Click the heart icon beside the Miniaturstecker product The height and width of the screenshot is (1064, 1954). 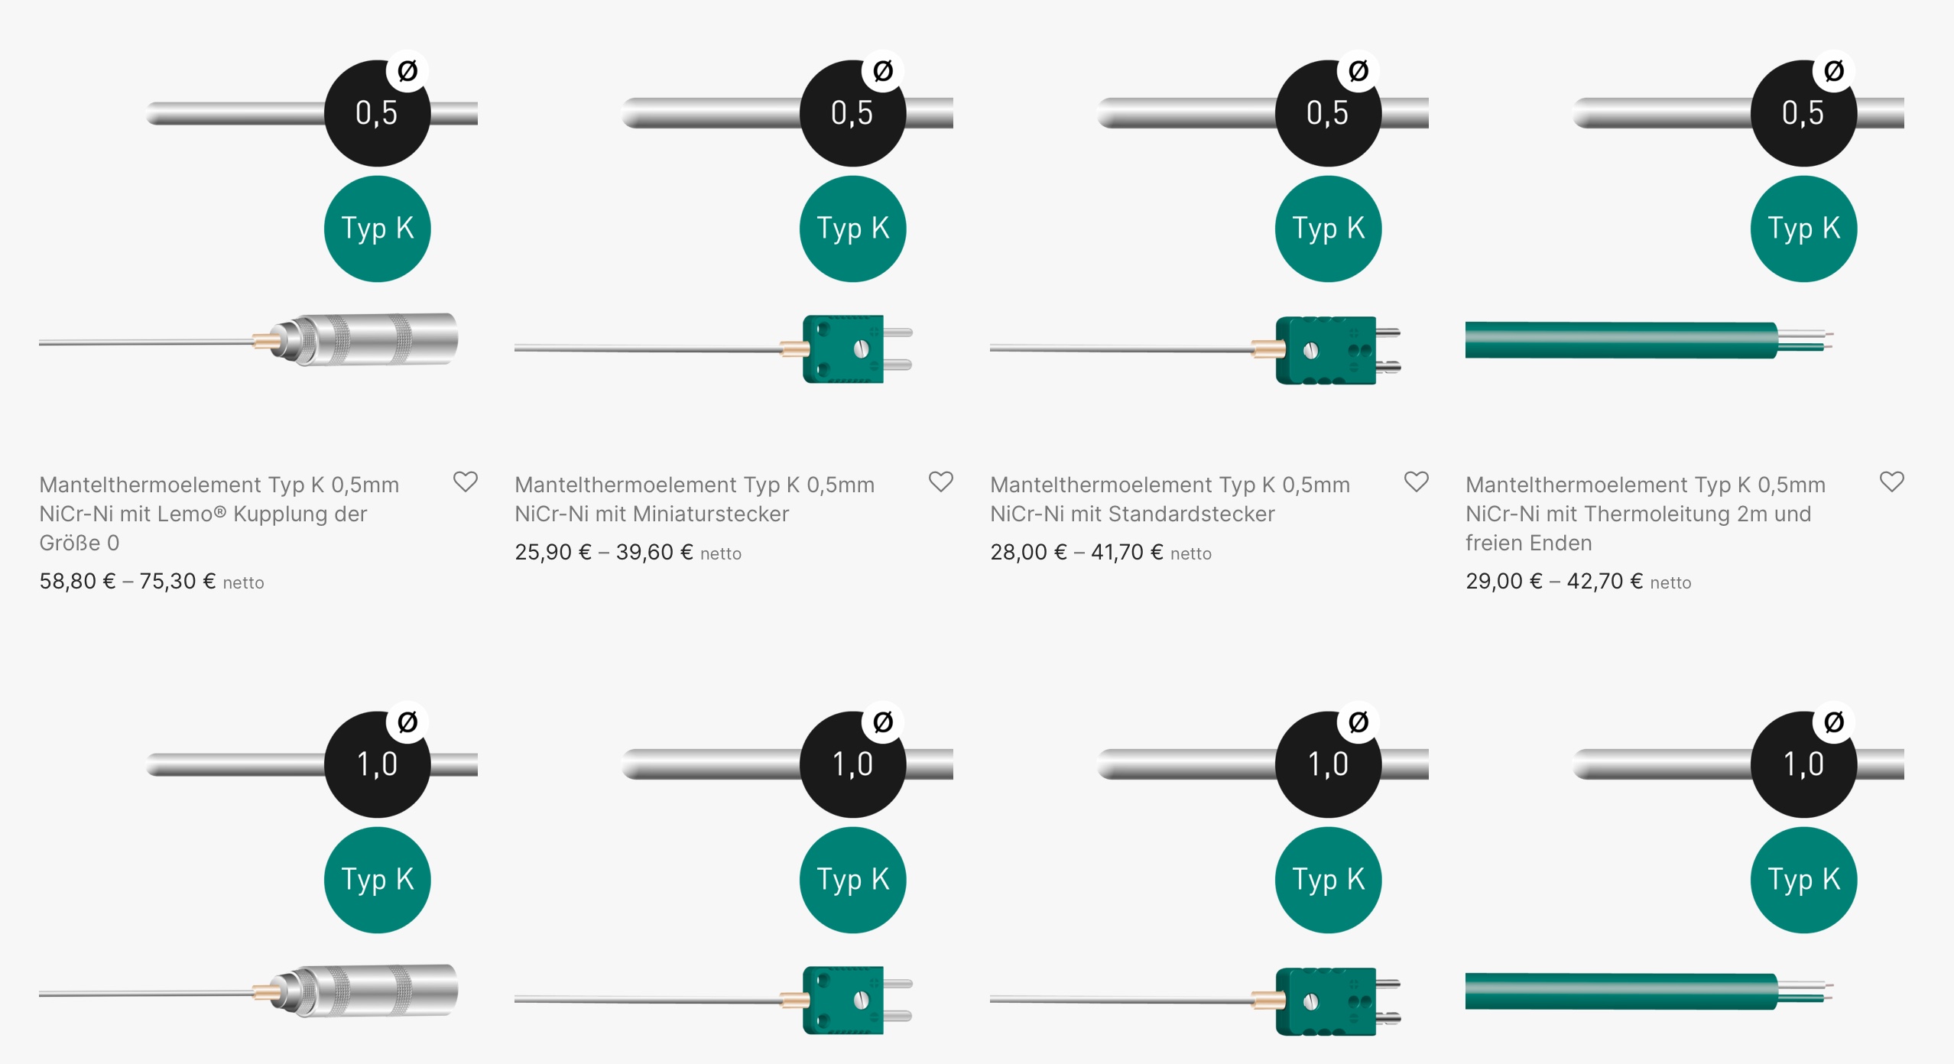coord(940,482)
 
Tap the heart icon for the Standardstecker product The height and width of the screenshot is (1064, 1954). coord(1416,482)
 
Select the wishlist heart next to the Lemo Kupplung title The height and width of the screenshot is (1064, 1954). coord(465,482)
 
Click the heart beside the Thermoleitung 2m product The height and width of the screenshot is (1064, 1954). coord(1891,482)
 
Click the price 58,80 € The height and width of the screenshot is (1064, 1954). coord(77,582)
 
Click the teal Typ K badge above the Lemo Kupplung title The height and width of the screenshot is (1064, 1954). coord(378,229)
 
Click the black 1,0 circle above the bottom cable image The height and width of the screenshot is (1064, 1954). coord(1803,765)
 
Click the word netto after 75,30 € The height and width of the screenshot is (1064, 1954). coord(243,583)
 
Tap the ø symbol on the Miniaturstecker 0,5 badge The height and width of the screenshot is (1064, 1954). coord(883,71)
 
